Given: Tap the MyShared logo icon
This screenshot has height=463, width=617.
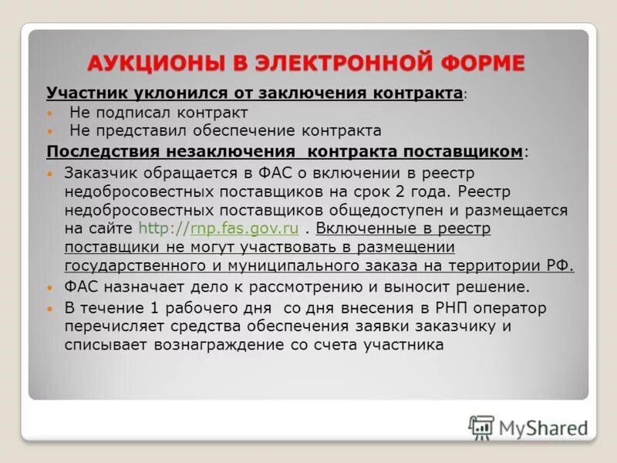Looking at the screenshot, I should pos(481,427).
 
